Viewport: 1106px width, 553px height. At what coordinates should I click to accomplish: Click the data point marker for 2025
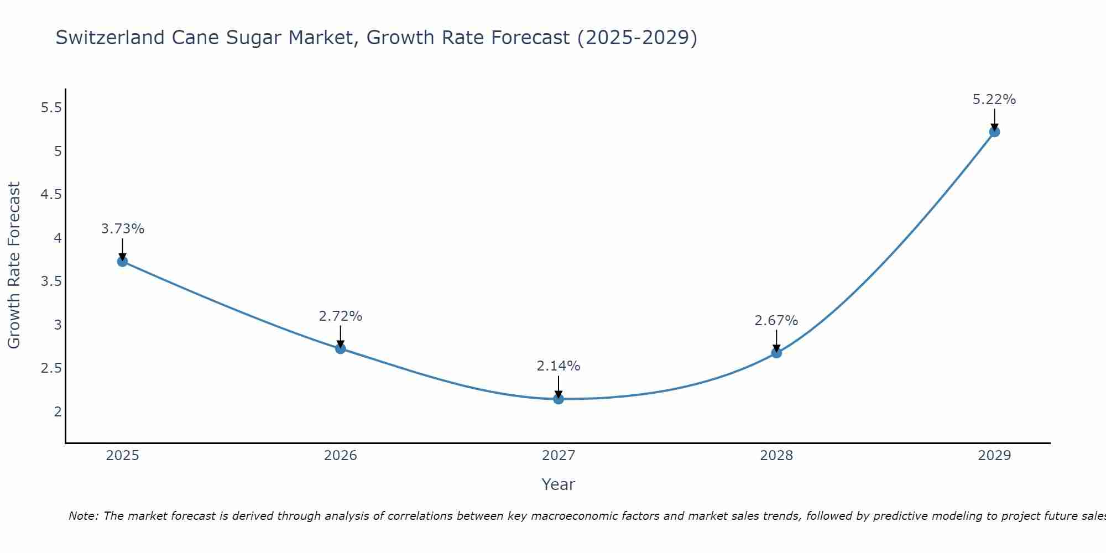(x=122, y=262)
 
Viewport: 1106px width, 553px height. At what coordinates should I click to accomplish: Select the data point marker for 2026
(x=340, y=348)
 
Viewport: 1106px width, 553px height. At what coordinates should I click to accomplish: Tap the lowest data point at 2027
(x=558, y=399)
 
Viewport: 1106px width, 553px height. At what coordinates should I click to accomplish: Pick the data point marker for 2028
(x=776, y=353)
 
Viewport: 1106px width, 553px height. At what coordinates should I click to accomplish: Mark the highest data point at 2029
(x=994, y=132)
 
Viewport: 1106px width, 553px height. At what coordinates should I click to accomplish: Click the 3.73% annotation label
(x=122, y=229)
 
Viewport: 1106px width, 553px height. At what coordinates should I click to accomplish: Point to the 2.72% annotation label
(x=340, y=316)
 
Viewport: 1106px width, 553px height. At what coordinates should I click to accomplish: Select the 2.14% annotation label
(x=558, y=366)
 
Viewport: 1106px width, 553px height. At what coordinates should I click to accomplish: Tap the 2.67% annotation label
(x=776, y=321)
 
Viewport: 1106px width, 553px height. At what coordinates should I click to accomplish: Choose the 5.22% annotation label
(x=994, y=100)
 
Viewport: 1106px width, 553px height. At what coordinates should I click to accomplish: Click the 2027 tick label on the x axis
(x=558, y=456)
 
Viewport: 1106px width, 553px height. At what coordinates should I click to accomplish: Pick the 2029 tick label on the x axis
(x=994, y=456)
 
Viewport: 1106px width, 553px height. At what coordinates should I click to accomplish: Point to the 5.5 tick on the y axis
(x=51, y=108)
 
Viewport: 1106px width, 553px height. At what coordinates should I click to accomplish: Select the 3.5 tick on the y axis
(x=51, y=281)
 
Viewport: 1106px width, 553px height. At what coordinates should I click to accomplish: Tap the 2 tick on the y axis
(x=58, y=411)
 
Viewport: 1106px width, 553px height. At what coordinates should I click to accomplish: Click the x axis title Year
(x=558, y=484)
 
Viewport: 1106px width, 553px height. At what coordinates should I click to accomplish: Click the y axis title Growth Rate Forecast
(x=14, y=265)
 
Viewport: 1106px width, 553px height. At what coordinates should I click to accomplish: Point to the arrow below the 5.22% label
(x=994, y=119)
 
